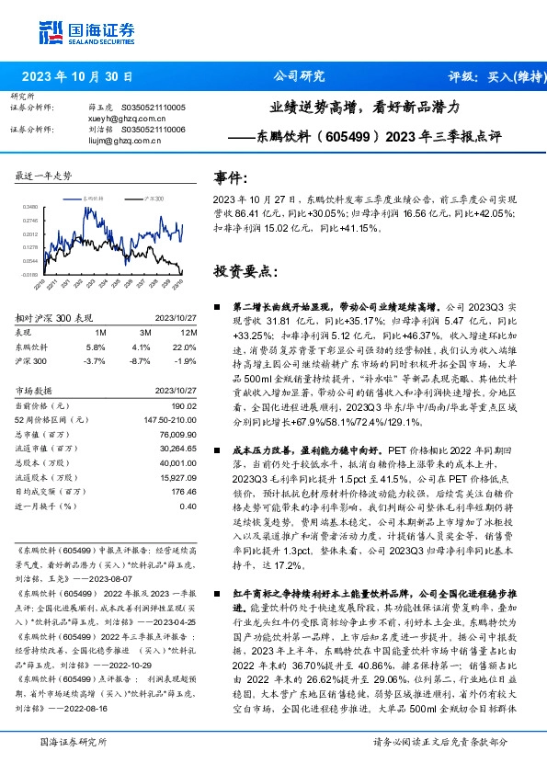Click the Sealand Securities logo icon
(x=50, y=33)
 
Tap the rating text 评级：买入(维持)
(x=487, y=77)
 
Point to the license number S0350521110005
(x=153, y=108)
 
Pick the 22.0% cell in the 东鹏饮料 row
(x=186, y=347)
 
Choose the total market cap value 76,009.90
(x=178, y=434)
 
